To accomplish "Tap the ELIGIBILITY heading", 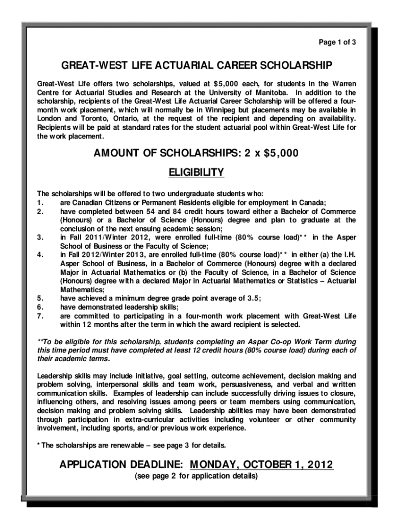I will point(196,173).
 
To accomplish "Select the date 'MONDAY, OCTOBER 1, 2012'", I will point(261,465).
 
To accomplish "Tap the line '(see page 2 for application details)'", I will point(196,477).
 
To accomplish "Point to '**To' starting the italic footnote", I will point(45,341).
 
